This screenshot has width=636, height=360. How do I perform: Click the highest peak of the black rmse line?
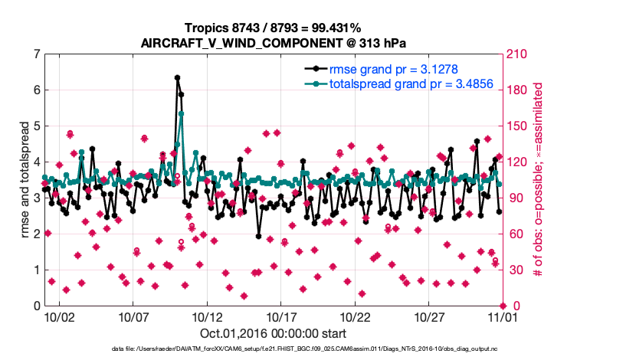(x=177, y=77)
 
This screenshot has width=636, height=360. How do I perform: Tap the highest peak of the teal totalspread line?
(x=181, y=113)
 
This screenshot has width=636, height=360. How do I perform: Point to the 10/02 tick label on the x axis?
(x=59, y=316)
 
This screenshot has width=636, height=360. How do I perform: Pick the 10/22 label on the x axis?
(x=356, y=316)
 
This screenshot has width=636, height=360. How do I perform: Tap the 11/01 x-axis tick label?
(x=502, y=316)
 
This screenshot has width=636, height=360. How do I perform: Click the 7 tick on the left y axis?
(x=36, y=54)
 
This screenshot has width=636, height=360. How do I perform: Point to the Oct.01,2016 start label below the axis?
(x=273, y=333)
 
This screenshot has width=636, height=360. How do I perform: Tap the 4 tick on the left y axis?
(x=36, y=162)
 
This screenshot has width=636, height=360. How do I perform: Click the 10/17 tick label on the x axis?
(x=281, y=316)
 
